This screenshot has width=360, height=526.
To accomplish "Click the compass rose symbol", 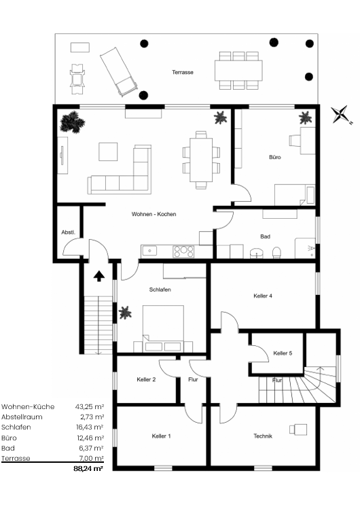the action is tap(341, 115).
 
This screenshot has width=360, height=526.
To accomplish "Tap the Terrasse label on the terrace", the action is tap(183, 72).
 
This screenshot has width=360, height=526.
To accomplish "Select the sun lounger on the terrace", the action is tap(119, 72).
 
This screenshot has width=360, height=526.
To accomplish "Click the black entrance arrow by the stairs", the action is tap(99, 277).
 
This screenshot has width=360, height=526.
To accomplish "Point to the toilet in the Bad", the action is tap(276, 253).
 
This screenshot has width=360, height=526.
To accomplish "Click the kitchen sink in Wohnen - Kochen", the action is tap(149, 250).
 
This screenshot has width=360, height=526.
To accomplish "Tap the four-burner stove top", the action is tap(183, 251).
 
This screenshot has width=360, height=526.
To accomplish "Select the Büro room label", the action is tap(275, 157).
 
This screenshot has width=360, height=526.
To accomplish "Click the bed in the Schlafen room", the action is tap(163, 328).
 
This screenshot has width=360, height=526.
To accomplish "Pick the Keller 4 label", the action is tap(263, 296).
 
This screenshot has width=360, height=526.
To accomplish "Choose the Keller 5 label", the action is tap(283, 353).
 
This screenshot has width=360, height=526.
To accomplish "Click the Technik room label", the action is tap(263, 436).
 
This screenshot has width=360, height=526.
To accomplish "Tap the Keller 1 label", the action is tap(161, 436).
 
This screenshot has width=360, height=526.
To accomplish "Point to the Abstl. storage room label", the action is tap(69, 232).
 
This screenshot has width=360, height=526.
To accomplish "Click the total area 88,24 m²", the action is tap(88, 469).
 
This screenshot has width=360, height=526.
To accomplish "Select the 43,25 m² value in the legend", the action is tap(90, 406).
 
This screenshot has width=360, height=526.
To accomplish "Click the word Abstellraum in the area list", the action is tap(22, 417).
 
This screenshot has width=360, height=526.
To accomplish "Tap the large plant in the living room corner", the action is tap(72, 122).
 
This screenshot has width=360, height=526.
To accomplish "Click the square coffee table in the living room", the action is tap(108, 152).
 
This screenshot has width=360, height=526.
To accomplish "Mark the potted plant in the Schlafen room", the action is tap(125, 313).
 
